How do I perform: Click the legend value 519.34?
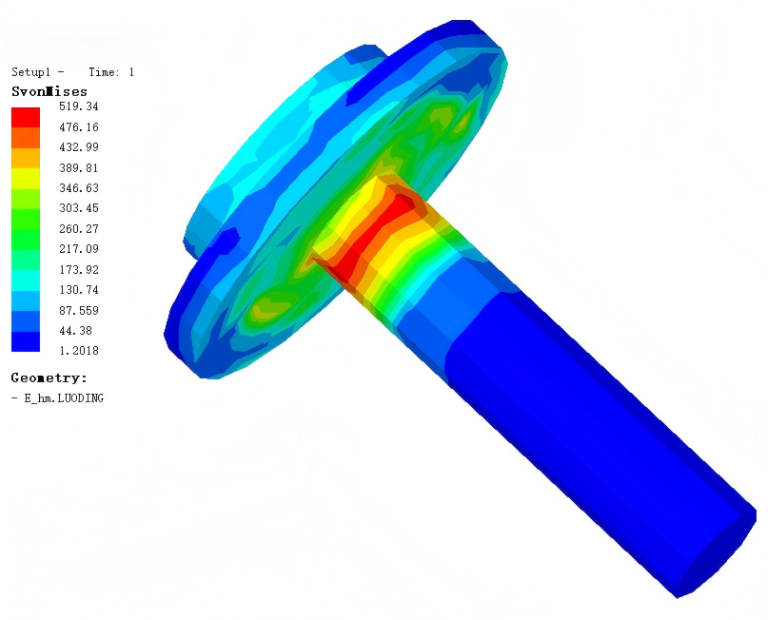coord(78,107)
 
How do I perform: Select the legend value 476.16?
coord(78,127)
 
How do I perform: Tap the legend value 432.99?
coord(78,147)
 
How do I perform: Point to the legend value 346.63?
coord(78,188)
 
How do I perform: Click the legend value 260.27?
coord(78,228)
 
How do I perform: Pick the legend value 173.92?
coord(78,270)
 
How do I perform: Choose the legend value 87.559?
coord(78,310)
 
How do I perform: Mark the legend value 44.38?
coord(75,331)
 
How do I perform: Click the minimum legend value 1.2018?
coord(78,351)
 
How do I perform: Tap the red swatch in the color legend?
coord(26,118)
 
